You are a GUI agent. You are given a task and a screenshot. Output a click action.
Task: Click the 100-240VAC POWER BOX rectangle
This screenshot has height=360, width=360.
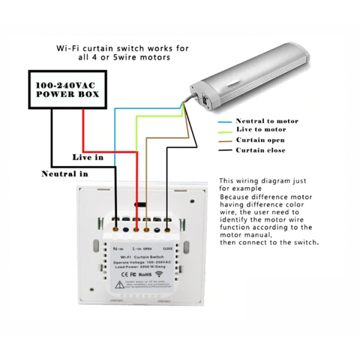pyautogui.click(x=68, y=90)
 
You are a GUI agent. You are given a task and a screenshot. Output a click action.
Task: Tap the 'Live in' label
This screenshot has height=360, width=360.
pyautogui.click(x=88, y=157)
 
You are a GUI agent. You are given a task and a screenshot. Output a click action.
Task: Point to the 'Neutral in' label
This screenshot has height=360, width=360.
pyautogui.click(x=65, y=174)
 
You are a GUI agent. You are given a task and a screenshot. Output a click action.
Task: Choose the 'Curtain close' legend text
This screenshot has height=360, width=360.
pyautogui.click(x=261, y=150)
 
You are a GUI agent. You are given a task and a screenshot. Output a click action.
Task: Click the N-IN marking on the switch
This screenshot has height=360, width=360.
pyautogui.click(x=118, y=248)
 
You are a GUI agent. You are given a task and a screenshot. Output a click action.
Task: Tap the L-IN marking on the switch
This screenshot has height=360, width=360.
pyautogui.click(x=138, y=248)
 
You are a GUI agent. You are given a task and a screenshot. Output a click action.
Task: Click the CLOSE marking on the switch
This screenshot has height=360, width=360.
pyautogui.click(x=168, y=248)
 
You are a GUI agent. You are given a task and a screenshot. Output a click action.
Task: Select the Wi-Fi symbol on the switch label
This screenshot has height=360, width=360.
pyautogui.click(x=160, y=273)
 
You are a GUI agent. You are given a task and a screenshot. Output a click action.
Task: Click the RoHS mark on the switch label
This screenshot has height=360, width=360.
pyautogui.click(x=145, y=274)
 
